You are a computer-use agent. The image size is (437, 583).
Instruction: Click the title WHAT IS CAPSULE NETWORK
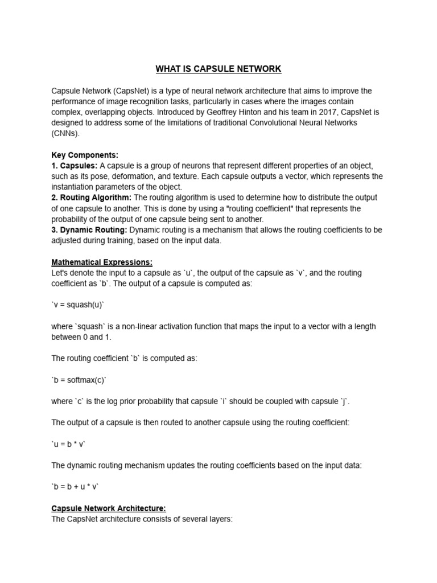218,69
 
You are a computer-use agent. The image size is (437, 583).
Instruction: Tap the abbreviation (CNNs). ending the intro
66,134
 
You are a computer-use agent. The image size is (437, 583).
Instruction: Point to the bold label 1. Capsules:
75,166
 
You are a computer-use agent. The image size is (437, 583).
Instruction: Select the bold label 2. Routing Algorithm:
92,198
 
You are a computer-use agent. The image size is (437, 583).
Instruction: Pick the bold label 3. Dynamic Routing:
89,230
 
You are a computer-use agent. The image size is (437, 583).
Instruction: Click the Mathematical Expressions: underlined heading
102,262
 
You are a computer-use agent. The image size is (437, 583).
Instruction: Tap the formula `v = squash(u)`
79,305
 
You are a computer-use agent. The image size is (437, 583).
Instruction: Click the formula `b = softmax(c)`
79,380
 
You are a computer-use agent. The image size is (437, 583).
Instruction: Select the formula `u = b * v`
69,444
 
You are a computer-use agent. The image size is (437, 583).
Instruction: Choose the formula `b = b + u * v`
75,487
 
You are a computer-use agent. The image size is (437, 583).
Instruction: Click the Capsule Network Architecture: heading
109,508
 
